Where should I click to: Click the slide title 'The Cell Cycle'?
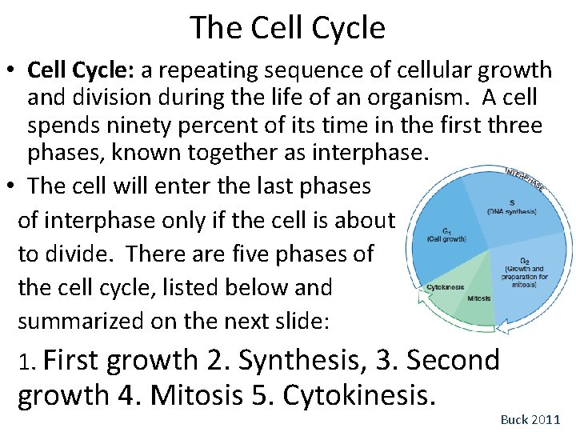(x=288, y=28)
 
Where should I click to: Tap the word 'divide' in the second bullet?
(x=84, y=254)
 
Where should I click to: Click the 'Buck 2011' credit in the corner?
(x=530, y=419)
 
